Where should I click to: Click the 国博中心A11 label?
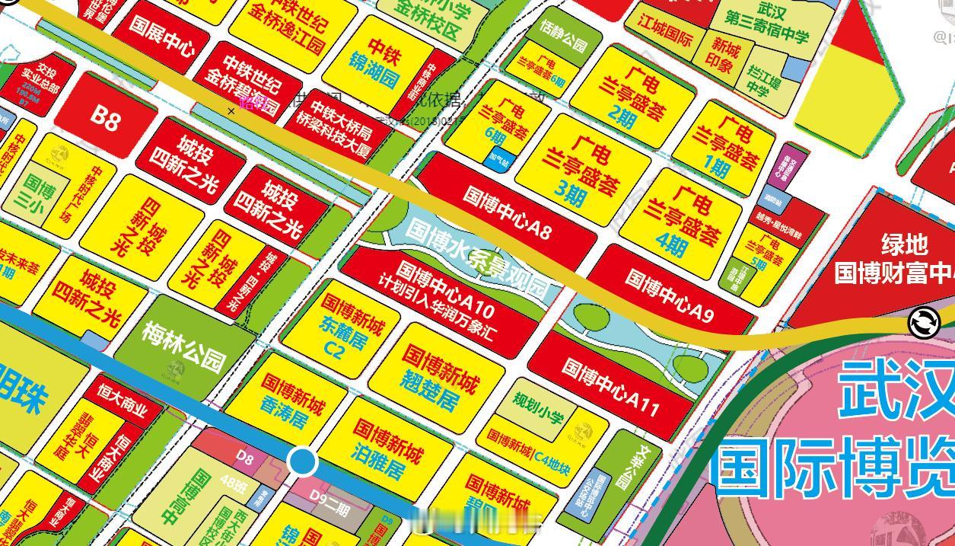tap(610, 387)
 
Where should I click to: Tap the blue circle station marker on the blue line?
tap(303, 461)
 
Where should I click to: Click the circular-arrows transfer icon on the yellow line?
tap(924, 322)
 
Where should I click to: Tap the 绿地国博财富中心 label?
tap(894, 259)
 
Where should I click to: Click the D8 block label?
tap(244, 457)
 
